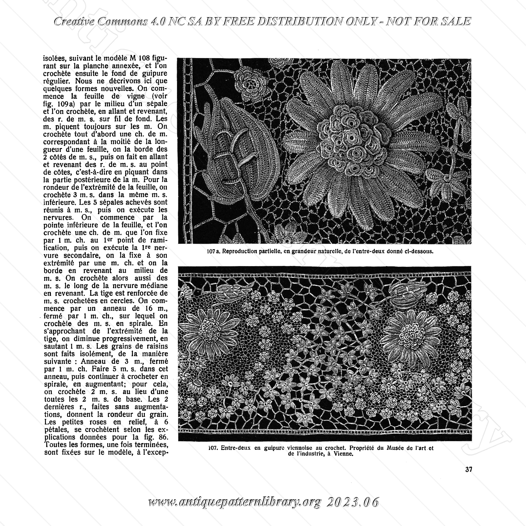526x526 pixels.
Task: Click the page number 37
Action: tap(469, 469)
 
